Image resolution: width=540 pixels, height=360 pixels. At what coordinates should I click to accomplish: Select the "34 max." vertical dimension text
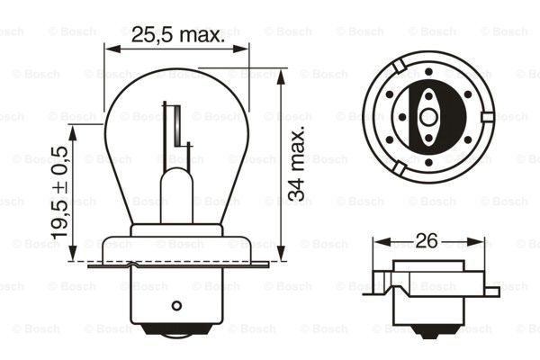pyautogui.click(x=299, y=163)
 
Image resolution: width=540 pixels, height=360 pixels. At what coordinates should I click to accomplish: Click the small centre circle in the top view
pyautogui.click(x=425, y=114)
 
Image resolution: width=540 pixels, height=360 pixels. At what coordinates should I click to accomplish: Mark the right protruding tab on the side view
pyautogui.click(x=490, y=290)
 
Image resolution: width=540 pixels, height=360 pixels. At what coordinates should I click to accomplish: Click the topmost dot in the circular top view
pyautogui.click(x=428, y=70)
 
